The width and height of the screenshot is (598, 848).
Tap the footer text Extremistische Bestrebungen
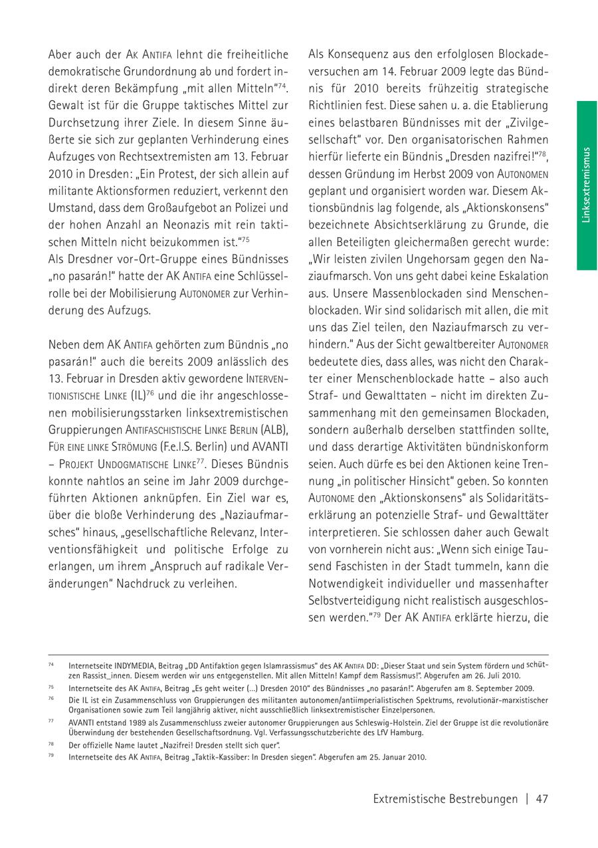pyautogui.click(x=445, y=799)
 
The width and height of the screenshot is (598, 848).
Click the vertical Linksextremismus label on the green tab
pyautogui.click(x=586, y=185)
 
